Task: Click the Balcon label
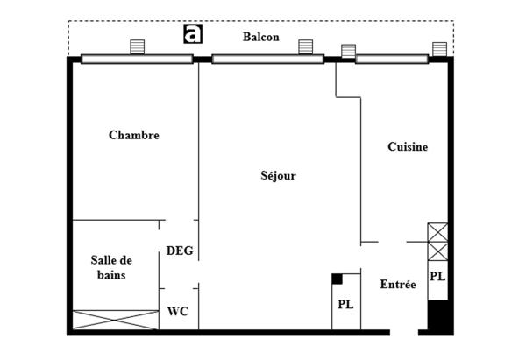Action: click(261, 37)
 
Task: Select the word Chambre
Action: click(133, 136)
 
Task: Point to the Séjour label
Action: click(278, 176)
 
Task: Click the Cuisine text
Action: click(408, 147)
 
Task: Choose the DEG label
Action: click(180, 251)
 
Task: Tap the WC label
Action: click(178, 311)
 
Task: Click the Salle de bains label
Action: click(111, 267)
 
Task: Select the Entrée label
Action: click(397, 285)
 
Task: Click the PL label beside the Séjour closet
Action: click(345, 305)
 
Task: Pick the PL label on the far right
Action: click(437, 276)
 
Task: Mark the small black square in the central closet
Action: click(337, 279)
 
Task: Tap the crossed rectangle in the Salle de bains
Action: click(115, 320)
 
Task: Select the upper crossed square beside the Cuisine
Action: click(437, 232)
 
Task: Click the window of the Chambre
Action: click(137, 60)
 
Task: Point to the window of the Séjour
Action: click(267, 60)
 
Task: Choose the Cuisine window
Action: click(392, 60)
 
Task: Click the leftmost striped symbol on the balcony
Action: click(137, 46)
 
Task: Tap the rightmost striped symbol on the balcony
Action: click(438, 48)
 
